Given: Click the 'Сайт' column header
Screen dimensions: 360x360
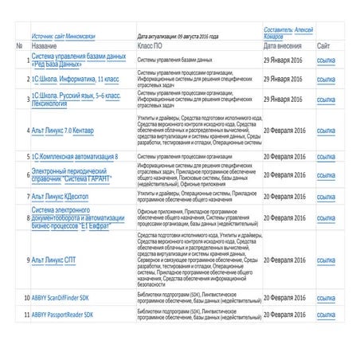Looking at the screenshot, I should click(x=325, y=46).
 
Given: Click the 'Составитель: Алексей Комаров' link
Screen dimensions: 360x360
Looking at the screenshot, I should click(x=288, y=32).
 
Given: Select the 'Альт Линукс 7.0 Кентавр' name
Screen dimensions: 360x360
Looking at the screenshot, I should click(x=70, y=131).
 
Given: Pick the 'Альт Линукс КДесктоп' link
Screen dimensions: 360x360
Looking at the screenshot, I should click(x=65, y=195).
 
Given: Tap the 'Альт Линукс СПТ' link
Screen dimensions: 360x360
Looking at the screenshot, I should click(x=59, y=260).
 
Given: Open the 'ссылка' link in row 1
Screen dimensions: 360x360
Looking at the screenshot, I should click(x=326, y=60).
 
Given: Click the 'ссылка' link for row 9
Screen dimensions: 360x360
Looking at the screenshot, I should click(x=326, y=260).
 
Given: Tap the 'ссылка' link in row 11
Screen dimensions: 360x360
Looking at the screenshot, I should click(x=326, y=315).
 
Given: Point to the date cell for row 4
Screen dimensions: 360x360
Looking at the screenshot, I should click(x=284, y=131).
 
